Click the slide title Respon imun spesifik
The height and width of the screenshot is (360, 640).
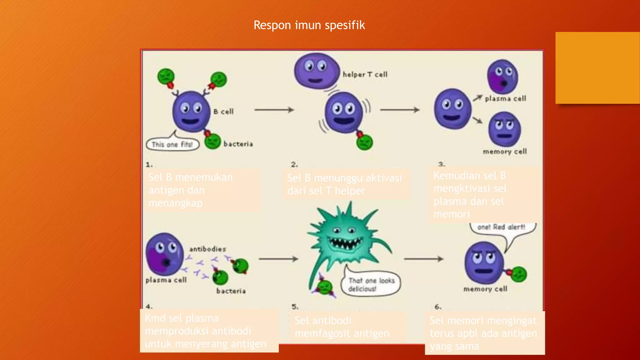coord(309,25)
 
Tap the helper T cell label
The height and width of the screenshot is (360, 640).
coord(365,74)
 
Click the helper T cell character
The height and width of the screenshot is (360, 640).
coord(316,71)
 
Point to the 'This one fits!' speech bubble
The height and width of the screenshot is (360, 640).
coord(172,144)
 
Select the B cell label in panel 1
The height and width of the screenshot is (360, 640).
coord(223,112)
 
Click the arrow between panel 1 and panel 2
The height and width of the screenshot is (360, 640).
coord(274,110)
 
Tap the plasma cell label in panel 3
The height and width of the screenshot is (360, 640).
coord(505,98)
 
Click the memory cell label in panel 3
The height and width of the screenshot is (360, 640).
coord(504,152)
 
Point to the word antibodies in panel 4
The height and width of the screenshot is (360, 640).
coord(207,249)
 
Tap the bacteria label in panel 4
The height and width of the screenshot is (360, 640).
coord(231,291)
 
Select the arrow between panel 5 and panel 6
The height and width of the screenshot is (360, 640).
coord(423,259)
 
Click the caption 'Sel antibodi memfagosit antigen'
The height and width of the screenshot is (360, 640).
coord(342,327)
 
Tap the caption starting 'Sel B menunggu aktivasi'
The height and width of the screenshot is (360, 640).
coord(344,184)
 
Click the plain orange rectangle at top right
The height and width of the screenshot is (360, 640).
coord(597,67)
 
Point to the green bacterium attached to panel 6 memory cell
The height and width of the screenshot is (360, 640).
coord(519,274)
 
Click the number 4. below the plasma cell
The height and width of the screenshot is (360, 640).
coord(149,306)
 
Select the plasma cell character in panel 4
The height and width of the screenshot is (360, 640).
coord(164,254)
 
